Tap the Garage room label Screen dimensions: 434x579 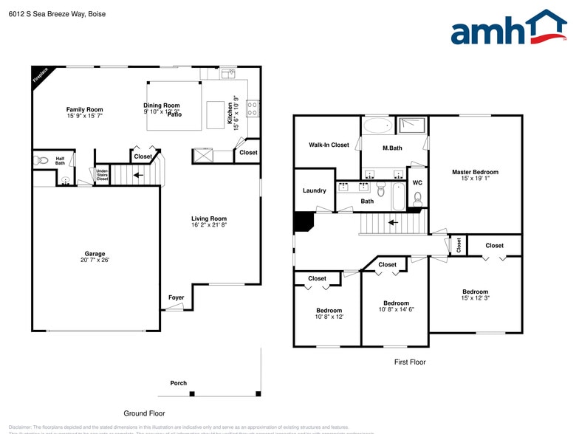(x=95, y=253)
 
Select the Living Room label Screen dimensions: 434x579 (x=209, y=218)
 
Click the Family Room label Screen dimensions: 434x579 (x=84, y=109)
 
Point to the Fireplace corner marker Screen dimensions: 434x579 (x=39, y=75)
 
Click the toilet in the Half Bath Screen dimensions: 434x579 (x=42, y=159)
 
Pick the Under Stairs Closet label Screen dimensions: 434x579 (x=102, y=175)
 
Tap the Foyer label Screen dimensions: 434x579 (x=176, y=297)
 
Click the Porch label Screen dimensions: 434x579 (x=178, y=383)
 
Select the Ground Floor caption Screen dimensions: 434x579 (x=144, y=413)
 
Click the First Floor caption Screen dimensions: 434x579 (x=410, y=362)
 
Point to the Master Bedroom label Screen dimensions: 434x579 (x=475, y=172)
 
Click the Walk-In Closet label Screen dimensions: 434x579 (x=329, y=145)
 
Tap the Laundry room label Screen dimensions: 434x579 (x=314, y=190)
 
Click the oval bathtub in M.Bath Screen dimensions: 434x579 (x=379, y=125)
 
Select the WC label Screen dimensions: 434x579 (x=417, y=182)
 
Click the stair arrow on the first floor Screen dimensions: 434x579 (x=394, y=221)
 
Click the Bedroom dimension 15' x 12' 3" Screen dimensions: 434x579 (x=475, y=298)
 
